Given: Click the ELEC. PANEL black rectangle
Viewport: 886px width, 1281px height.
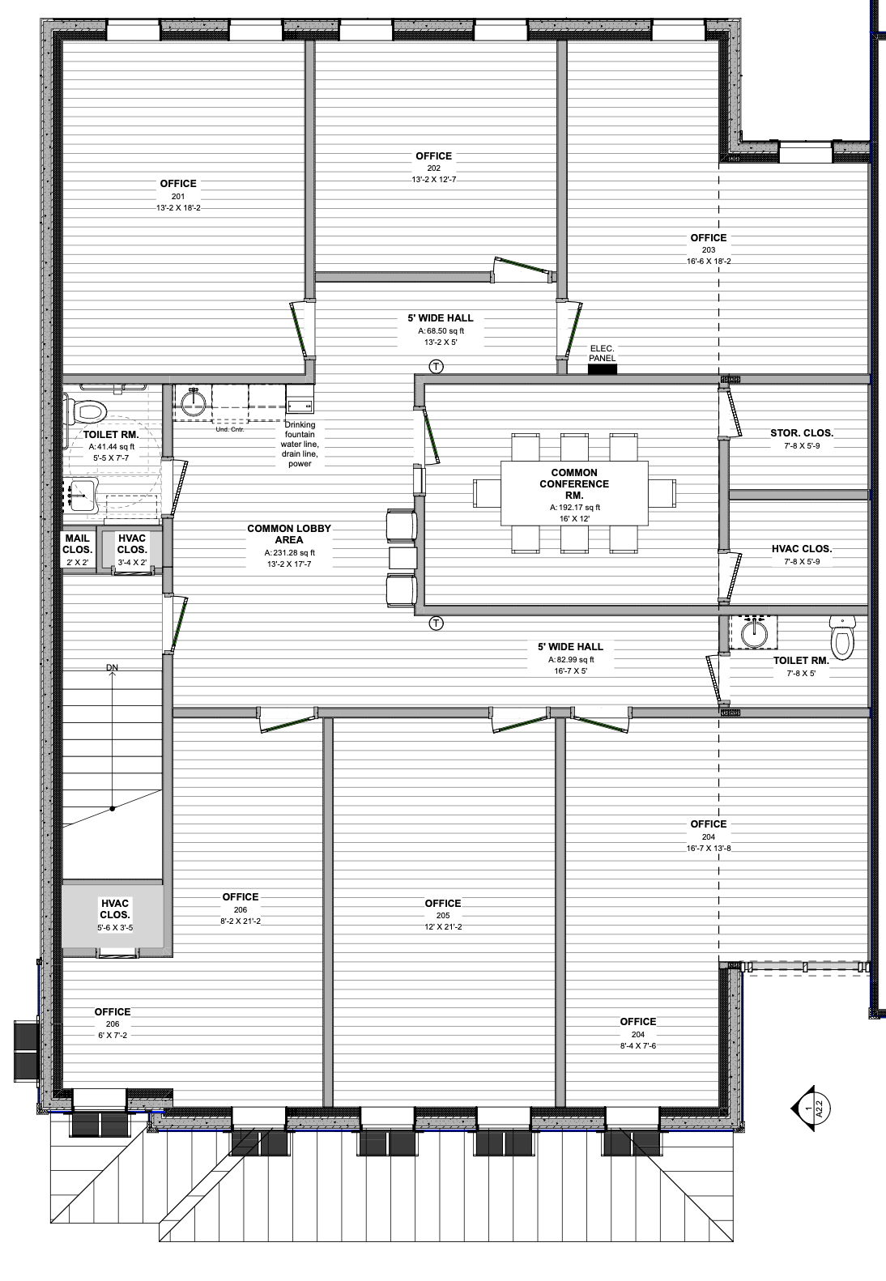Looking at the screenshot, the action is pyautogui.click(x=603, y=369).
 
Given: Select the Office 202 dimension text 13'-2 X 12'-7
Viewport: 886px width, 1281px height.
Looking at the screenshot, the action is pyautogui.click(x=434, y=180).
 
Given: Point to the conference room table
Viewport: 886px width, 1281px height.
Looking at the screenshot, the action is pyautogui.click(x=574, y=493).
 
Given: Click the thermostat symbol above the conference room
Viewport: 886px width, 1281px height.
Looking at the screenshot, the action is pyautogui.click(x=437, y=366).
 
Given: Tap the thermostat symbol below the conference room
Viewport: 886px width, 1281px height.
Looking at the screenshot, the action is pyautogui.click(x=437, y=623).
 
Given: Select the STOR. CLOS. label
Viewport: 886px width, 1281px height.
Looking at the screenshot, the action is pyautogui.click(x=802, y=433).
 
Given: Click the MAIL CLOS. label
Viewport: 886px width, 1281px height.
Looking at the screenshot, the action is pyautogui.click(x=77, y=544).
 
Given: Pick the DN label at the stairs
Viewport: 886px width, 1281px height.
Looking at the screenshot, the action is pyautogui.click(x=112, y=667).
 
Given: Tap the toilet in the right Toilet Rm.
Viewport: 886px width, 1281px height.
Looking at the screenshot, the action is pyautogui.click(x=842, y=637).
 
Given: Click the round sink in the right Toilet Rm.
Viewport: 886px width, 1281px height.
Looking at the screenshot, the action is pyautogui.click(x=754, y=632).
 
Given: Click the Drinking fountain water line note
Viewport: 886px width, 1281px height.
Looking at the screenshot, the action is pyautogui.click(x=300, y=445).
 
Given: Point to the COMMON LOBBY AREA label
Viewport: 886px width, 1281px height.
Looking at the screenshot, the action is pyautogui.click(x=289, y=534).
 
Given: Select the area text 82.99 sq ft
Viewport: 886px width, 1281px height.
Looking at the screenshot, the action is pyautogui.click(x=572, y=659).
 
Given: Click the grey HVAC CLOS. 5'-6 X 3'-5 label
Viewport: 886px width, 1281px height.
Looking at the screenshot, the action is pyautogui.click(x=115, y=915).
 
